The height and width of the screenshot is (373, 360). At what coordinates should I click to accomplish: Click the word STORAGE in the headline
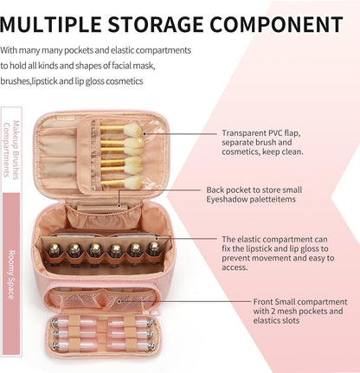point(155,24)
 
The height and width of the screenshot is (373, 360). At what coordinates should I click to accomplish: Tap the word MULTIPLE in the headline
point(50,24)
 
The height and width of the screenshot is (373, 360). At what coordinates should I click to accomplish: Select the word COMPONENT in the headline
point(276,24)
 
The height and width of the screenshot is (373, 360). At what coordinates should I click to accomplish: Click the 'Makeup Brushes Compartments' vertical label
point(11,150)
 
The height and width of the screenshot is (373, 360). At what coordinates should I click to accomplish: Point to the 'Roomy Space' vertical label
point(11,274)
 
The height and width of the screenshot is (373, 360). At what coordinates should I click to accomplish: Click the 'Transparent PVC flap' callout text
point(262,142)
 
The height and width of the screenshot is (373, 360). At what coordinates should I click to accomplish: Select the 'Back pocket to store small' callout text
point(254,195)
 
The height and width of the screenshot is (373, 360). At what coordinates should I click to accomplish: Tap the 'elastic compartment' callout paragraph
point(278,253)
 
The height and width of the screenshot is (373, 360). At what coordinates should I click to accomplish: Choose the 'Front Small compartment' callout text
point(300,311)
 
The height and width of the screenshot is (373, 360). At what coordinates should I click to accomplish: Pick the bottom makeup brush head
point(132,182)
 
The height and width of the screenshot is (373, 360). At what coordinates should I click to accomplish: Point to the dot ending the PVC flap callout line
point(145,133)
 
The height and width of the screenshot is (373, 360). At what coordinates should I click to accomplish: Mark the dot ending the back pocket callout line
point(119,205)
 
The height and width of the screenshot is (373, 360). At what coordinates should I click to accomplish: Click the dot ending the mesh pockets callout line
point(119,301)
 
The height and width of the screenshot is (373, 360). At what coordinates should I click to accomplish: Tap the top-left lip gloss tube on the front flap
point(68,322)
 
